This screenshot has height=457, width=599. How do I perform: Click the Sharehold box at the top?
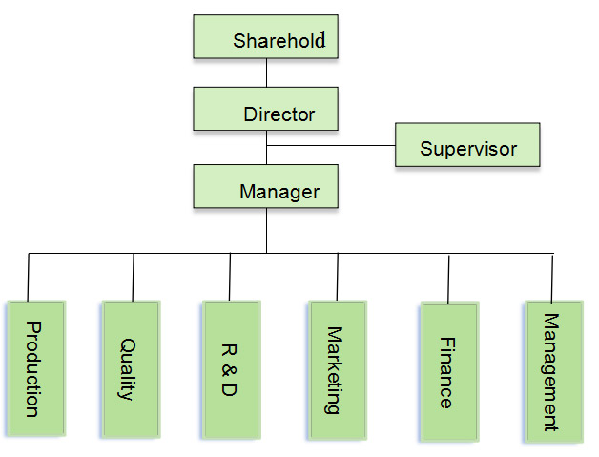tap(266, 37)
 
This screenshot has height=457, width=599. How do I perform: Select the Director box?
tap(266, 110)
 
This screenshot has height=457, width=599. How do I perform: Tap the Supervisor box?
tap(467, 147)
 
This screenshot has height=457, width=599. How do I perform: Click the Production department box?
tap(36, 369)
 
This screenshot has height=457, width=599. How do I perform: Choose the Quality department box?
tap(131, 369)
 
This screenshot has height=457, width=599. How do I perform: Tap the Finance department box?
tap(448, 372)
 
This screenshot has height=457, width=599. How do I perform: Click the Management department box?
tap(552, 371)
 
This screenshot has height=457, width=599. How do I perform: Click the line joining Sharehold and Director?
tap(266, 73)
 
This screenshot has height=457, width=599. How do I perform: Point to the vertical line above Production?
tap(29, 277)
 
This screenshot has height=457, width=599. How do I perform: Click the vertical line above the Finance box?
tap(449, 279)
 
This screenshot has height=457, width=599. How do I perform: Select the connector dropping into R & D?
tap(230, 277)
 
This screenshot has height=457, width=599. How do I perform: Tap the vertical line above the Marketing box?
tap(337, 277)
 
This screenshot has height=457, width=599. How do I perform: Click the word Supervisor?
tap(468, 148)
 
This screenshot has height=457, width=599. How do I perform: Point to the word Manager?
tap(279, 192)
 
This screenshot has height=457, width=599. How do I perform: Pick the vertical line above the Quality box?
tap(133, 277)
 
